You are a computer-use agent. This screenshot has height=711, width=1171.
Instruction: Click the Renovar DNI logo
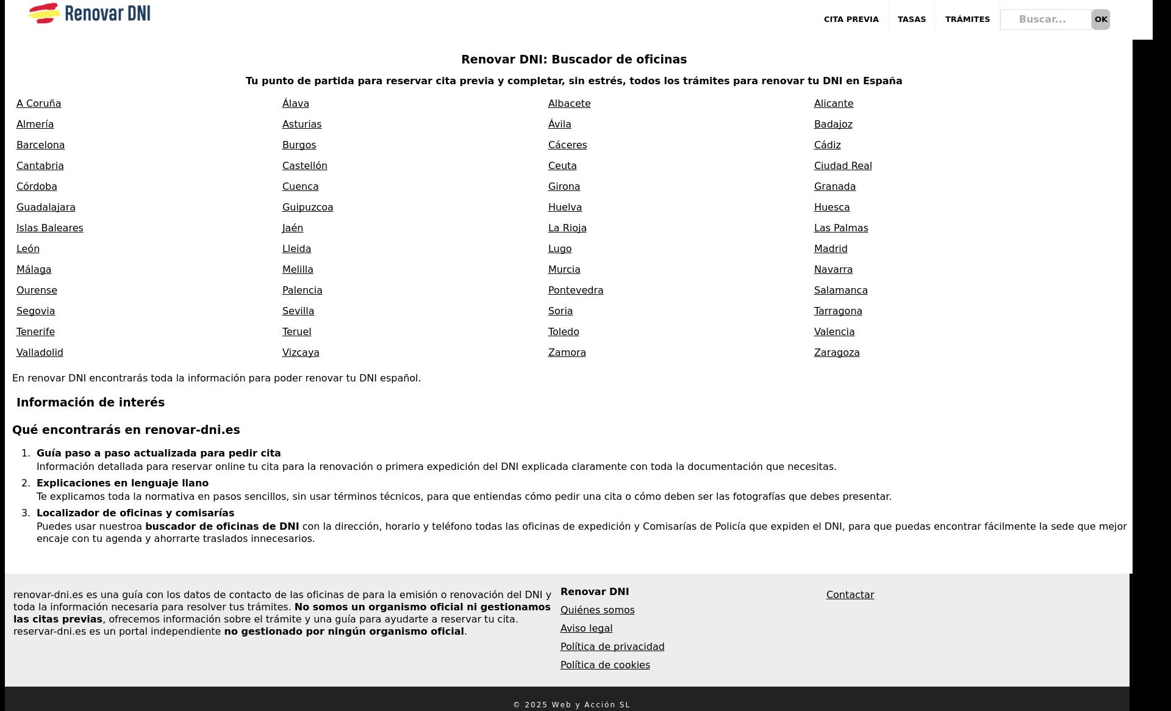[x=90, y=13]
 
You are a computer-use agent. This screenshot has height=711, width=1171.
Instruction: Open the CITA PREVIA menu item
[x=851, y=20]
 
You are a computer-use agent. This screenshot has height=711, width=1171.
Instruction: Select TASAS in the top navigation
[x=911, y=20]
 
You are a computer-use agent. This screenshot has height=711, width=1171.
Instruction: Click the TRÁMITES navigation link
[x=967, y=20]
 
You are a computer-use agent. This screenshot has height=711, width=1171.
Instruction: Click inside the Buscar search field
[x=1045, y=20]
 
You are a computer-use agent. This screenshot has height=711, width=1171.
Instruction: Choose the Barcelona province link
[x=40, y=145]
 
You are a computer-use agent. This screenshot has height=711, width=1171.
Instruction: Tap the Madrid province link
[x=830, y=249]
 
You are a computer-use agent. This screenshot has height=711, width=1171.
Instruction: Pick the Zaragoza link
[x=836, y=353]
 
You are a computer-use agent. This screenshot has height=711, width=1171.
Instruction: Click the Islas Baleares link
[x=49, y=228]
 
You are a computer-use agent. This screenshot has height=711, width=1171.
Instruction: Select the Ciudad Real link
[x=842, y=166]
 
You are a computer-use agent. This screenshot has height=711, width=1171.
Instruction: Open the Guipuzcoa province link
[x=307, y=208]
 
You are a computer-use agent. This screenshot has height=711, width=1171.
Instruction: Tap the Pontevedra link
[x=575, y=291]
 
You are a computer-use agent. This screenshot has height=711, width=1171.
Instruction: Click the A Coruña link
[x=38, y=104]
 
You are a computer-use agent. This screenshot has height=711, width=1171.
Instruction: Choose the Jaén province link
[x=292, y=228]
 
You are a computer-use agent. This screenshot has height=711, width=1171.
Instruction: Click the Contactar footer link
[x=850, y=595]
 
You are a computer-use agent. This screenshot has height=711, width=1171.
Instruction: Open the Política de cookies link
[x=604, y=665]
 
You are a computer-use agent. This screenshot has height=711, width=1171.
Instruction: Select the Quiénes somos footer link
[x=597, y=610]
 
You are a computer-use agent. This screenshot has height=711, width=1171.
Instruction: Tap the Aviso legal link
[x=586, y=629]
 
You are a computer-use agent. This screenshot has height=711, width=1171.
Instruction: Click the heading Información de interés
[x=90, y=403]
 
